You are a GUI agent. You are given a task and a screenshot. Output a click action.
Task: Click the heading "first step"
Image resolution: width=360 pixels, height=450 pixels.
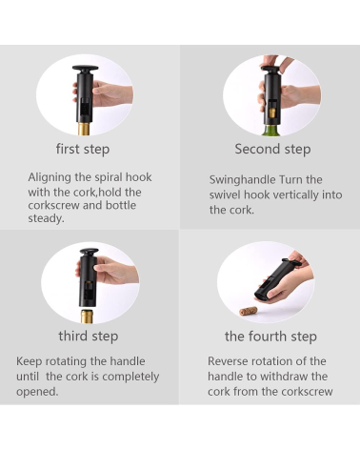(x=83, y=149)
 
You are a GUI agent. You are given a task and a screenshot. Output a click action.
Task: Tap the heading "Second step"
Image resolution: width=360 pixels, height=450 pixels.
(x=272, y=149)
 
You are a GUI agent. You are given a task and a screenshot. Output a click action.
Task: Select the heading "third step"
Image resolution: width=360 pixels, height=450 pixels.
(x=89, y=337)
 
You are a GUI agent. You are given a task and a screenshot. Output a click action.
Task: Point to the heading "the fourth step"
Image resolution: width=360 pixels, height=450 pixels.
(x=270, y=337)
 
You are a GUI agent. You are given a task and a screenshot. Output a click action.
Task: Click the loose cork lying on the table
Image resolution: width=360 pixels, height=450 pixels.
(x=249, y=311)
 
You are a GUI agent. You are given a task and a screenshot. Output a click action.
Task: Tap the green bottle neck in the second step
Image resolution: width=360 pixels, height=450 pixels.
(x=270, y=131)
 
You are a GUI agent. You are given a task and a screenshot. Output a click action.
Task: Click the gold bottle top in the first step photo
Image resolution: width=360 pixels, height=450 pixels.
(x=84, y=129)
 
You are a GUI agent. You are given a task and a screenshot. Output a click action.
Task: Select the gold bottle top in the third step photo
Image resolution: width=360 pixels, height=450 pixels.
(x=87, y=317)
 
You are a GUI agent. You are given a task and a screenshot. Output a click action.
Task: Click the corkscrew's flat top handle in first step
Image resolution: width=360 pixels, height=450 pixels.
(x=85, y=69)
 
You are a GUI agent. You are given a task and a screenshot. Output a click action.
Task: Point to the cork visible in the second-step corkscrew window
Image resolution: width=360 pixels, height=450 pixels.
(x=272, y=112)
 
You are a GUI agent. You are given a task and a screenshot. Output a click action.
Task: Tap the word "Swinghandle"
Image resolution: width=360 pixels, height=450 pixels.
(x=243, y=180)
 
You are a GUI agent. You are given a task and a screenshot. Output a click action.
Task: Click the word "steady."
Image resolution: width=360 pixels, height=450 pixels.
(x=46, y=218)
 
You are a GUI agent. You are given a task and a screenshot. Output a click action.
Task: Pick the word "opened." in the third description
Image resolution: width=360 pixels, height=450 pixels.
(x=37, y=391)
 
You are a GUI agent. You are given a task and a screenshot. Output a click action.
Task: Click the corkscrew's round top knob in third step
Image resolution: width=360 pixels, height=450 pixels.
(x=89, y=252)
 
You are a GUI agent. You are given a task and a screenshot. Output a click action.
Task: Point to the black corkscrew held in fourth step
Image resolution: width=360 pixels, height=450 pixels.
(x=277, y=278)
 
